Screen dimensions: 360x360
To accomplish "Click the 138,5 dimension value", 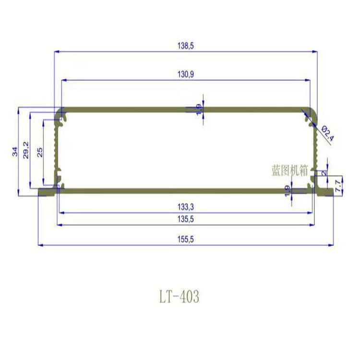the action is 185,46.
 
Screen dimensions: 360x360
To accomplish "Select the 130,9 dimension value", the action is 185,74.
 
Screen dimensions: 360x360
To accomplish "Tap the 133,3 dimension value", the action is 185,207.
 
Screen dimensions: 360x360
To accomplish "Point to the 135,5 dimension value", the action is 185,219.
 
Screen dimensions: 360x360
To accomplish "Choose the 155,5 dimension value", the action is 185,240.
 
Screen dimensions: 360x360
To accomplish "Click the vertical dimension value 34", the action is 15,152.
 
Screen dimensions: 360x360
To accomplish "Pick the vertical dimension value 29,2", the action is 26,150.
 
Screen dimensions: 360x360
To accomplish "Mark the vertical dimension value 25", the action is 40,152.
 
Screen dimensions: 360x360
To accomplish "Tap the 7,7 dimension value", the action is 338,186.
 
